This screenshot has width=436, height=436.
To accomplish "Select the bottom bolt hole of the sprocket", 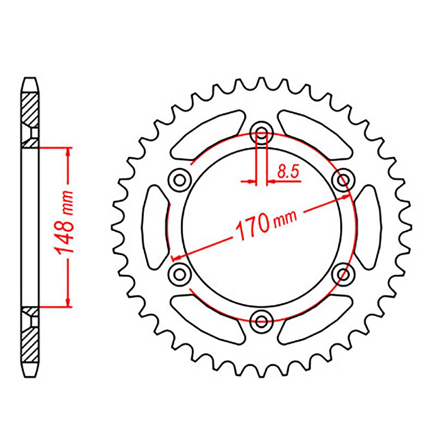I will pos(262,320).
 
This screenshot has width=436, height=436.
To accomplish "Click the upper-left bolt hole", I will pos(179,180).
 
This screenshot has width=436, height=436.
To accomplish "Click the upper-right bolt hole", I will pos(344,180).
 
